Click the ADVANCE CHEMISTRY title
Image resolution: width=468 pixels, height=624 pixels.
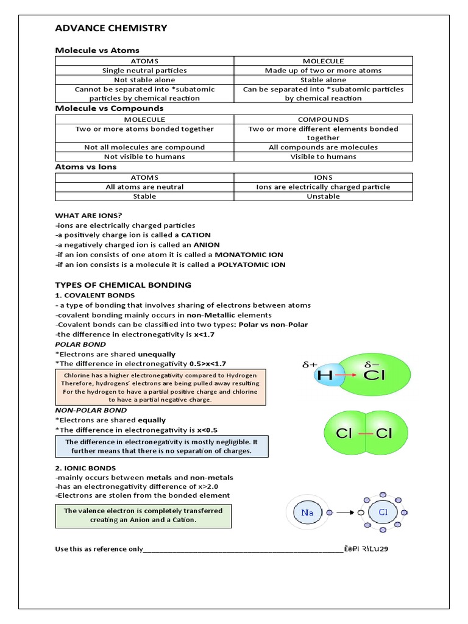pyautogui.click(x=111, y=28)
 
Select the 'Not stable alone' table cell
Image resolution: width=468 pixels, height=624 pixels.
pyautogui.click(x=144, y=80)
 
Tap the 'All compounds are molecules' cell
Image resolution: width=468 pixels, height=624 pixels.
pyautogui.click(x=323, y=147)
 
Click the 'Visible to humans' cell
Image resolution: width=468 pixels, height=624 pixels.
pyautogui.click(x=323, y=157)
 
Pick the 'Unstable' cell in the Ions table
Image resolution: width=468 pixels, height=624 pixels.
pyautogui.click(x=323, y=196)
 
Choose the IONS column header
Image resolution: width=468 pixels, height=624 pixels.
pyautogui.click(x=323, y=177)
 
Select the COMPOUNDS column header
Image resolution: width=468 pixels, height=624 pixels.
pyautogui.click(x=323, y=119)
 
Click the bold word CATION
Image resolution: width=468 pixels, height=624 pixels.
pyautogui.click(x=194, y=235)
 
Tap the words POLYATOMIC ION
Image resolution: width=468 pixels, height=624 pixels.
pyautogui.click(x=250, y=264)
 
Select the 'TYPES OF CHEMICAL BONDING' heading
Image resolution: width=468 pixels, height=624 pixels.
pyautogui.click(x=123, y=285)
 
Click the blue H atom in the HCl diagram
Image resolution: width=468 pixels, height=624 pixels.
pyautogui.click(x=327, y=377)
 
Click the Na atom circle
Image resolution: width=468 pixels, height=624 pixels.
pyautogui.click(x=307, y=512)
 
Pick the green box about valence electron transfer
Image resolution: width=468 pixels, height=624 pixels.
pyautogui.click(x=143, y=516)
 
